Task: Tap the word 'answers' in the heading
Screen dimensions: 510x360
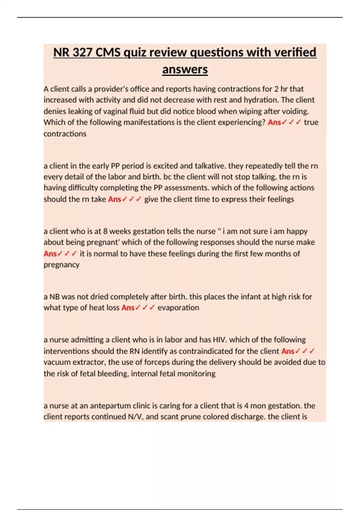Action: click(x=185, y=70)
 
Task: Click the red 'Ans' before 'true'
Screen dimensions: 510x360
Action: click(x=274, y=122)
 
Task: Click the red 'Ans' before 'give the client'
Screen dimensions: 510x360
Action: click(x=114, y=199)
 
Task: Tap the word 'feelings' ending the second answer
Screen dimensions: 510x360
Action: click(x=280, y=199)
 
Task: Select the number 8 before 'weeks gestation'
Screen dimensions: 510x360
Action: click(x=105, y=231)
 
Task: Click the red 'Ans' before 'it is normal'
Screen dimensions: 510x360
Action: click(x=50, y=254)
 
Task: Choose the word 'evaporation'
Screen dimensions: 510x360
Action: click(x=178, y=308)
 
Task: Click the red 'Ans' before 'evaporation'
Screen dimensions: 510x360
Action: click(x=128, y=308)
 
